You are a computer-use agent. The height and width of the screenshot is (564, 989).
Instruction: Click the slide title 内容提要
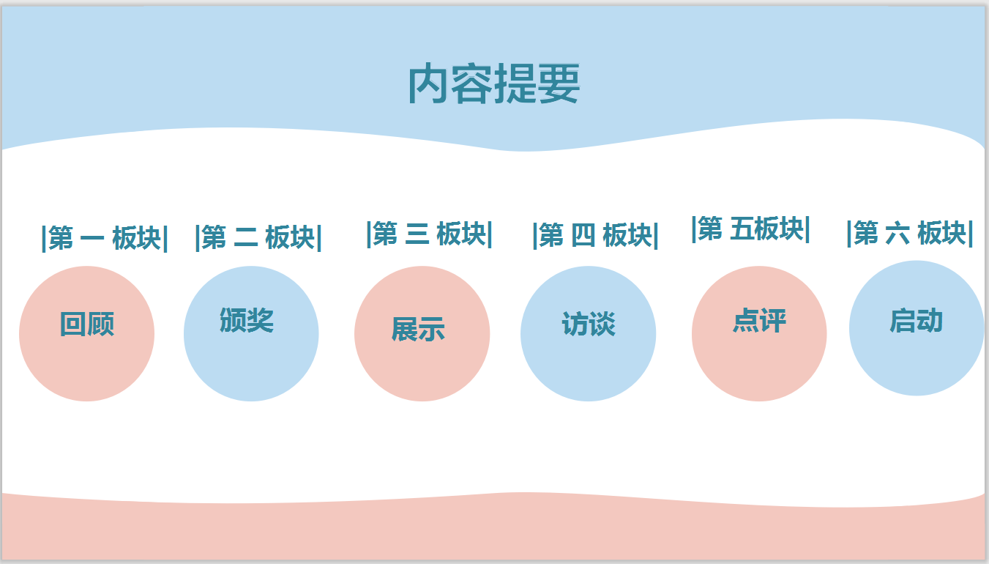tap(493, 83)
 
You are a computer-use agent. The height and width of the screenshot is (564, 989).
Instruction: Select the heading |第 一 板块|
tap(105, 238)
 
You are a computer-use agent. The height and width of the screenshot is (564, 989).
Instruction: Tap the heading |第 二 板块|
tap(258, 237)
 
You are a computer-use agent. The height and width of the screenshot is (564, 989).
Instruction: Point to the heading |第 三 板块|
tap(429, 234)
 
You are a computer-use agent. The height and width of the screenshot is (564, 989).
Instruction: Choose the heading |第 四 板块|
tap(596, 235)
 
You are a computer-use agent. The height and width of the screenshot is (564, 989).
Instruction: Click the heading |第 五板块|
tap(750, 229)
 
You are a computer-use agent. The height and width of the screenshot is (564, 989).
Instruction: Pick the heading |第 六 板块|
tap(909, 233)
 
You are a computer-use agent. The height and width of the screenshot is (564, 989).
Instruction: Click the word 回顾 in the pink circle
tap(87, 324)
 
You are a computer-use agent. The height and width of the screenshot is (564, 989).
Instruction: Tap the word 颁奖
tap(247, 320)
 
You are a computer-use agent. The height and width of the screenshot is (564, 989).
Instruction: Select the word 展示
tap(418, 329)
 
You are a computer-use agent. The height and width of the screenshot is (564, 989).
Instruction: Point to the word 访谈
tap(589, 324)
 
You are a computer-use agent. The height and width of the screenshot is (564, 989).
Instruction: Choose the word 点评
tap(759, 320)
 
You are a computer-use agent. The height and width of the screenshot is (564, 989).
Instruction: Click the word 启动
tap(916, 320)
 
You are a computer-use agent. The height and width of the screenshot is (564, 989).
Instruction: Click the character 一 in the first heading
tap(92, 239)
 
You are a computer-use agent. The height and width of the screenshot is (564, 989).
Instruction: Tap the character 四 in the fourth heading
tap(583, 235)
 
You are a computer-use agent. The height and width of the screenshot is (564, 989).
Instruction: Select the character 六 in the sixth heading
tap(897, 233)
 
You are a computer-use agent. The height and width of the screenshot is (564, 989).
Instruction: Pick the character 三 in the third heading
tap(417, 234)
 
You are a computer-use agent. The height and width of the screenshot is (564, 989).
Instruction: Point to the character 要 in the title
tap(559, 83)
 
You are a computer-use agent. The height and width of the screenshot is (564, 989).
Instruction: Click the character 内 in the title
tap(428, 83)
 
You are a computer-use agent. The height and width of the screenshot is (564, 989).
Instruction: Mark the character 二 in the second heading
tap(246, 237)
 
